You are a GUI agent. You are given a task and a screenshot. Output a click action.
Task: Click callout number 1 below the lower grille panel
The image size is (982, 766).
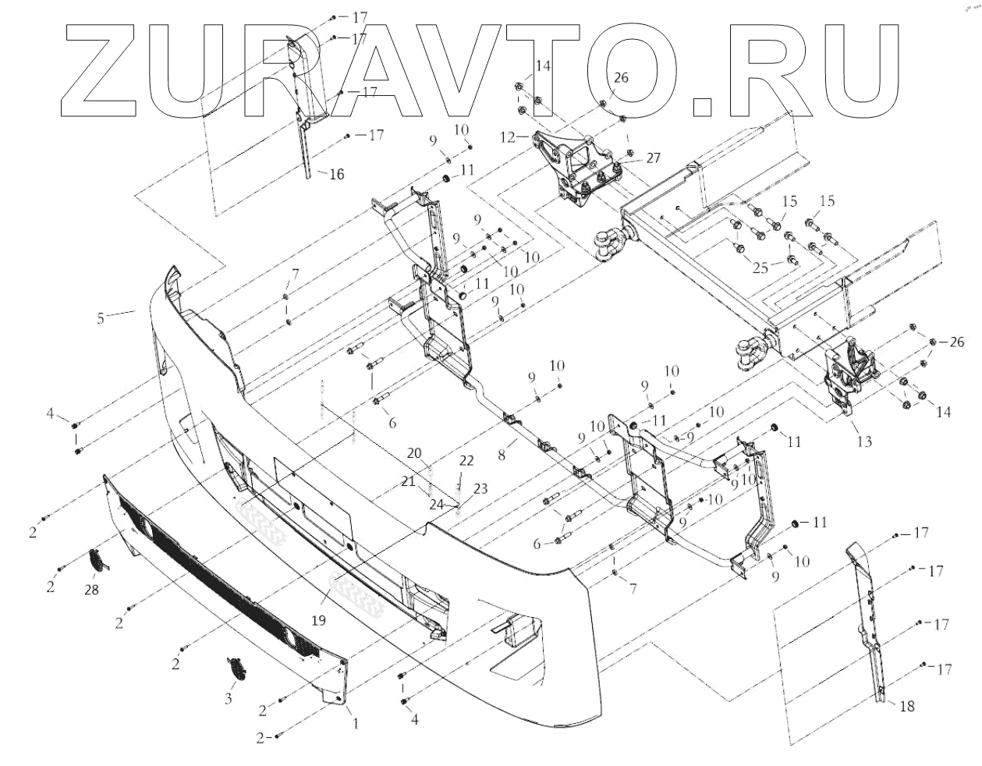point(356,723)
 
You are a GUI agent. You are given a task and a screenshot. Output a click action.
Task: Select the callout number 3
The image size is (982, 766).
point(229,699)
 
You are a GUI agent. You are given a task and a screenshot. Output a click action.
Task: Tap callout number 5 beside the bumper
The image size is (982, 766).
point(100,317)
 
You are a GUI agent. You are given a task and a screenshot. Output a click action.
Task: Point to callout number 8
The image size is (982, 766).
point(503,451)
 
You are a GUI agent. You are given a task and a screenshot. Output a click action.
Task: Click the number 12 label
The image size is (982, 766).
point(508,137)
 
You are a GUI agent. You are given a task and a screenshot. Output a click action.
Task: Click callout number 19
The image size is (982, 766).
point(318,621)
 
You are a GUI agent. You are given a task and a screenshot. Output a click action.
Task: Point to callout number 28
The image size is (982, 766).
point(92,590)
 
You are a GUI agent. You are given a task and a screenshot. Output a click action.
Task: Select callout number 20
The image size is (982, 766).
point(413,453)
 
